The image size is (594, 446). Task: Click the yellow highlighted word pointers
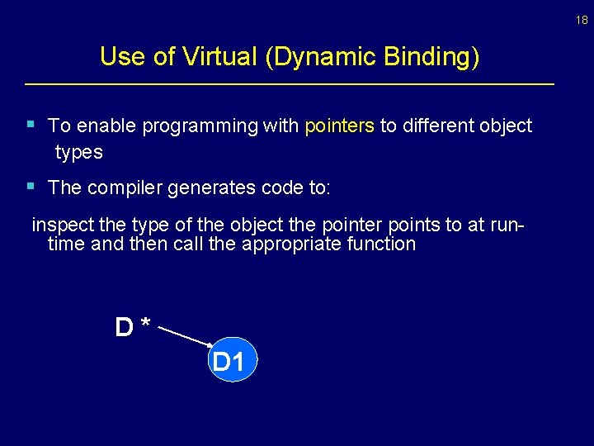tap(339, 126)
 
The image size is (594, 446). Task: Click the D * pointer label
tap(132, 328)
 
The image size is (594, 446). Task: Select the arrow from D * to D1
tap(184, 336)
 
